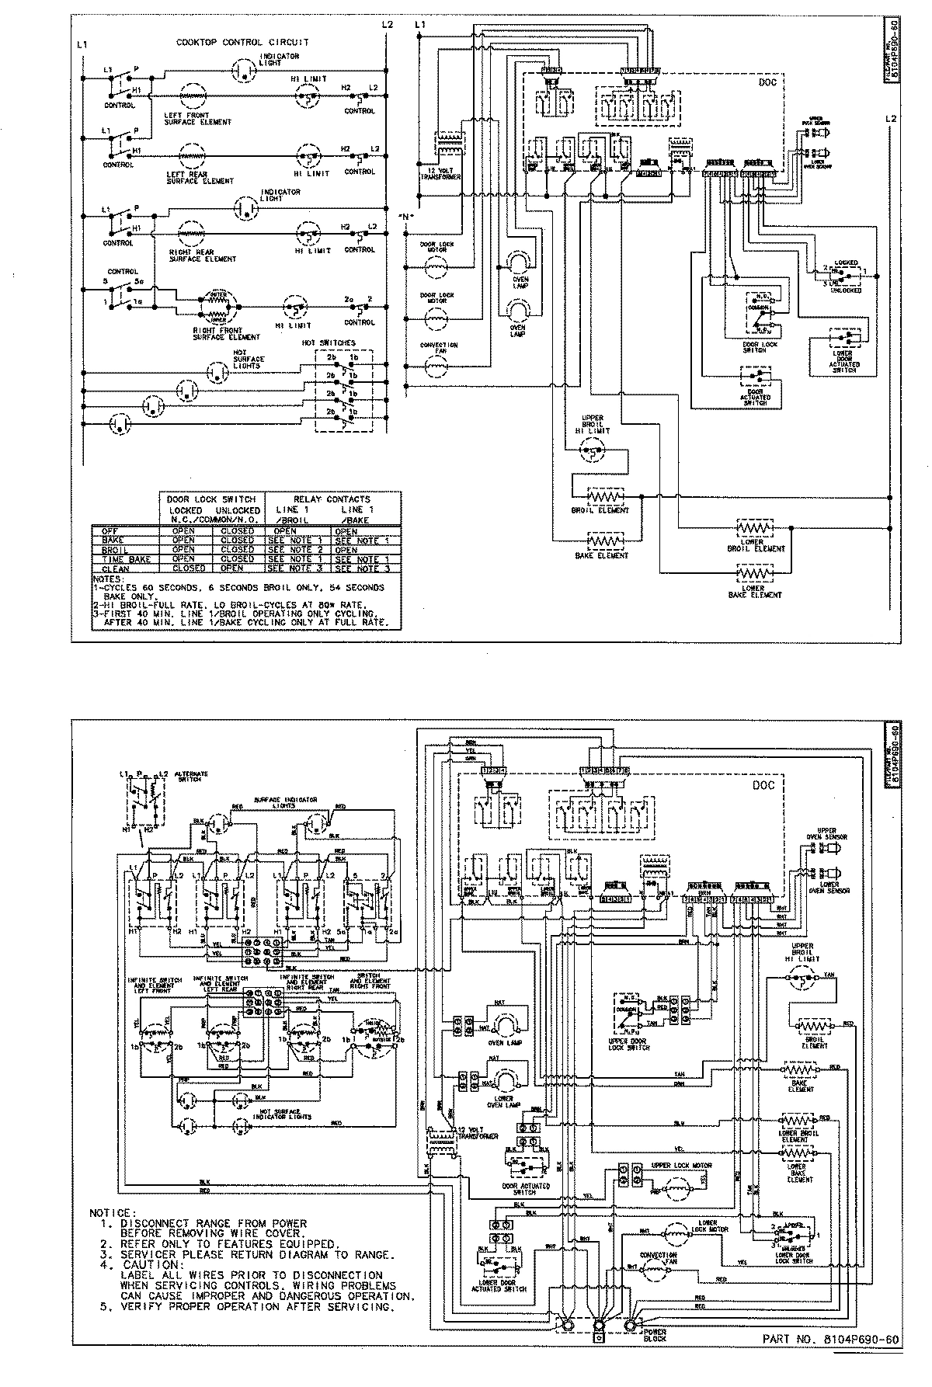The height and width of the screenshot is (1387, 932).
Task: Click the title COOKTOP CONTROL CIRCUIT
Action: pos(242,42)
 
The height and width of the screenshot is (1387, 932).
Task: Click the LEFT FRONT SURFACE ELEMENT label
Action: pos(197,118)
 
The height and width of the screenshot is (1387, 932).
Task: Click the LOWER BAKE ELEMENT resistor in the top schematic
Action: pos(751,574)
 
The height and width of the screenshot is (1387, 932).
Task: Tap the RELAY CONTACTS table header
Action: pos(332,499)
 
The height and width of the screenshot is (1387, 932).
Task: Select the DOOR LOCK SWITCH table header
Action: pos(211,499)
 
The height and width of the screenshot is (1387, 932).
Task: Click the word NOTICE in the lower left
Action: pos(113,1212)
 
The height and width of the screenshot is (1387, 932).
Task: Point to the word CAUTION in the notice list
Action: pos(148,1265)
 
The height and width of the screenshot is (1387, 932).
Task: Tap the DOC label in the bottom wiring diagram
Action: pos(763,785)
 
